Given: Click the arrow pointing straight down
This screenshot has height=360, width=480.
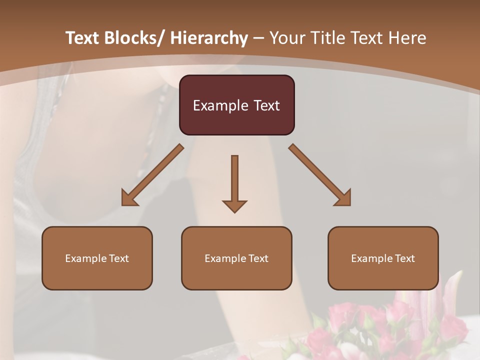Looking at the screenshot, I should pos(234,182).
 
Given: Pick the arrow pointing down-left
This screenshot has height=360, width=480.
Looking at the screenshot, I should pos(152,175).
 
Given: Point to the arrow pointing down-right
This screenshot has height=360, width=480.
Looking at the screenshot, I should pos(320,175).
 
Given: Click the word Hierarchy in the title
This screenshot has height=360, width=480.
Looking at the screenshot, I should pos(209,38).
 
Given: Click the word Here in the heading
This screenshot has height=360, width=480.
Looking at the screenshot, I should pos(408,38).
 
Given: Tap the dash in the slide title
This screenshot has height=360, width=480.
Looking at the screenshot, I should pos(258,38).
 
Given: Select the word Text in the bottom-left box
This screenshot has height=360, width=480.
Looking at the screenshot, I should pos(118,258).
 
